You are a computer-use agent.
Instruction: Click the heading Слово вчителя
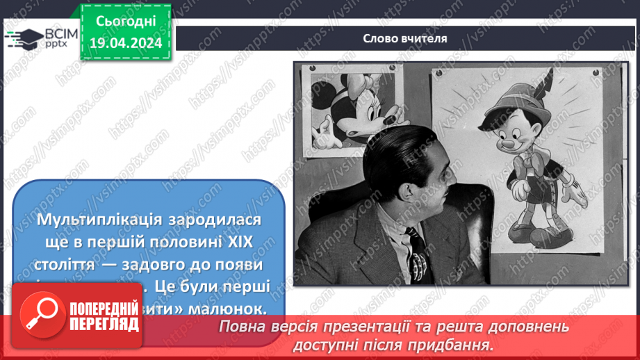pyautogui.click(x=405, y=38)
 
